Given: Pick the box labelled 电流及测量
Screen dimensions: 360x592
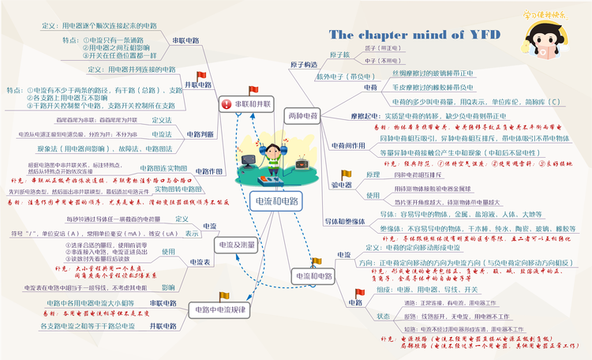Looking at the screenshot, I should pos(236,244).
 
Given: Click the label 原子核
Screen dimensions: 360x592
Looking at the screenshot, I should pos(339,54).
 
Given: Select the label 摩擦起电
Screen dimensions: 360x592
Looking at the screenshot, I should pos(344,115).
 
